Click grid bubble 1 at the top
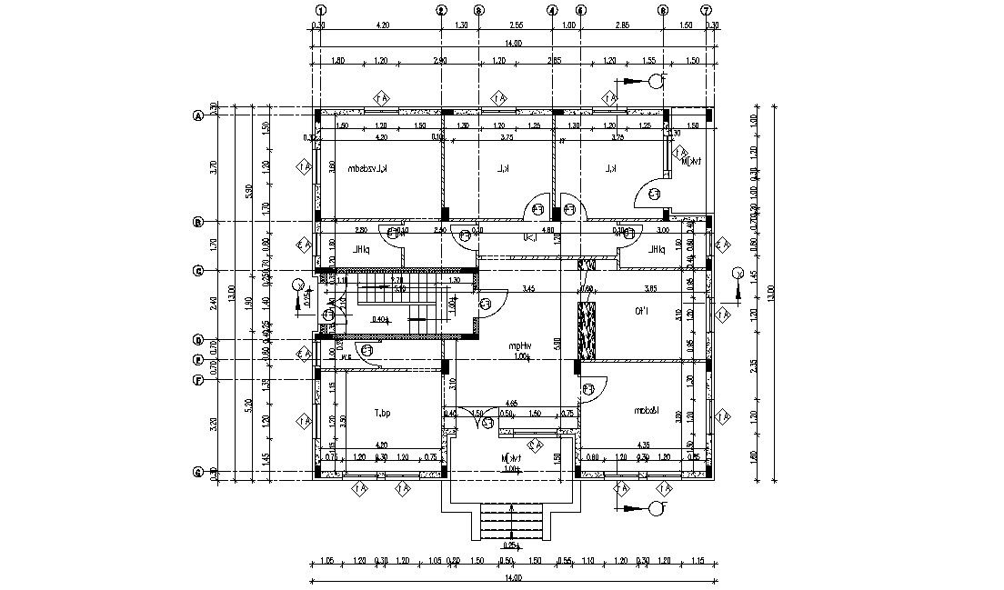point(320,10)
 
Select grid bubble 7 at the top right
point(706,10)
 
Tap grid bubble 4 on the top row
point(551,10)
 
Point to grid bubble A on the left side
point(196,115)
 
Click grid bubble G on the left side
point(196,472)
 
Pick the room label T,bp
point(383,414)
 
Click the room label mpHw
point(519,345)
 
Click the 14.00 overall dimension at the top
point(514,43)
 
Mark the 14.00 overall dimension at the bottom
point(514,577)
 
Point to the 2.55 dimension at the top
point(516,25)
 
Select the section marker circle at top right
point(657,81)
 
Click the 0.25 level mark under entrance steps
point(511,545)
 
